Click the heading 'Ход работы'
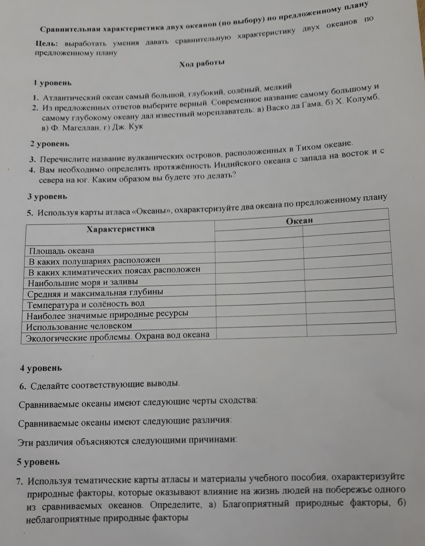pyautogui.click(x=202, y=64)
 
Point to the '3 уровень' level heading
pyautogui.click(x=47, y=197)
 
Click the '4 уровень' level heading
pyautogui.click(x=41, y=368)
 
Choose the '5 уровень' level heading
pyautogui.click(x=38, y=462)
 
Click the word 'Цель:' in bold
pyautogui.click(x=47, y=44)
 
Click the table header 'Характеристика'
pyautogui.click(x=120, y=229)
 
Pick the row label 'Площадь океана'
pyautogui.click(x=61, y=251)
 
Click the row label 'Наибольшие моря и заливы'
pyautogui.click(x=83, y=282)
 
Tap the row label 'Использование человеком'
pyautogui.click(x=79, y=326)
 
